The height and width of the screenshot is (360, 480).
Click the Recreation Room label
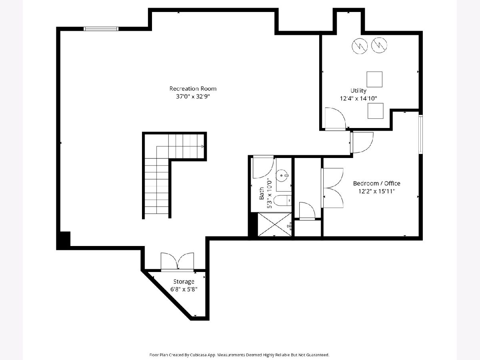click(x=193, y=89)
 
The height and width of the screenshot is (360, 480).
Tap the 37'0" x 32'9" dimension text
click(x=193, y=96)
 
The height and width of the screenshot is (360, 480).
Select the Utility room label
click(x=358, y=91)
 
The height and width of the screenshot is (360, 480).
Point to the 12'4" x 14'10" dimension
click(x=358, y=98)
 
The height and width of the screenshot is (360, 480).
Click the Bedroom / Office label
click(x=376, y=183)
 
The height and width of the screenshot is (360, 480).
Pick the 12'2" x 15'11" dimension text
click(x=376, y=191)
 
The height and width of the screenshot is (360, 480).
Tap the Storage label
click(x=184, y=282)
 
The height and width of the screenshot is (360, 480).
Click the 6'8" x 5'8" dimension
click(x=184, y=289)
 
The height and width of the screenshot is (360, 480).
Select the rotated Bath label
click(x=262, y=193)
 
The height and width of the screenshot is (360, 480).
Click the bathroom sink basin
click(x=282, y=176)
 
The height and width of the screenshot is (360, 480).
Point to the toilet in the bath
click(x=282, y=200)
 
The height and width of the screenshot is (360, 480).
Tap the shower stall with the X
click(x=275, y=224)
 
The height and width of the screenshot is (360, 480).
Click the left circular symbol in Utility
click(x=360, y=46)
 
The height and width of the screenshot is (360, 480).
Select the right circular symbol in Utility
click(x=379, y=45)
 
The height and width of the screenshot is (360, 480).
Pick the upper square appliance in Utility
click(x=374, y=79)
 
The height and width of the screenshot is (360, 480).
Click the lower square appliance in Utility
click(x=375, y=111)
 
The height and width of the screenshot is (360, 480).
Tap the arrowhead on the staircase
click(x=202, y=146)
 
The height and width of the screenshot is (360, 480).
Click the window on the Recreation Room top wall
click(x=101, y=29)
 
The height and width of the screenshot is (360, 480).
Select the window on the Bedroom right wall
click(x=420, y=134)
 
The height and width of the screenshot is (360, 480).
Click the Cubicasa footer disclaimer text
click(x=239, y=355)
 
